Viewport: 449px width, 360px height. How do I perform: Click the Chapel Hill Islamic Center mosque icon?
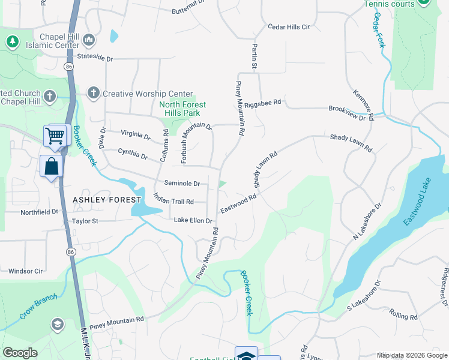tap(89, 40)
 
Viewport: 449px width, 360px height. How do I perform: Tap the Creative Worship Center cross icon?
tap(92, 93)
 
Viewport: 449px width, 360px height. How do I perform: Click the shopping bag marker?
tap(51, 166)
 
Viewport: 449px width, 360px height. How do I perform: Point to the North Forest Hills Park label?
tap(182, 109)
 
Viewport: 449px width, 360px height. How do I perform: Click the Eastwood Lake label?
tap(418, 208)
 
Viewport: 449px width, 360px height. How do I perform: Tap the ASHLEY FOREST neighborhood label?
tap(107, 199)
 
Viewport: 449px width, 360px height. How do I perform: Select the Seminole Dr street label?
tap(182, 184)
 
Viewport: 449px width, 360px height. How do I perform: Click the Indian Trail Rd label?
tap(173, 198)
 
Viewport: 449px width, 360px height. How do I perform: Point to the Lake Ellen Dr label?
tap(193, 221)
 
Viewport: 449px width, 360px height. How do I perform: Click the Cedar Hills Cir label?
tap(288, 27)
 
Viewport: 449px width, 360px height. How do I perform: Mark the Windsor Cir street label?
tap(25, 271)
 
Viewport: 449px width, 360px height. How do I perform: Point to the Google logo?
tap(20, 353)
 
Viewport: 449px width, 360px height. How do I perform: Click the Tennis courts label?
tap(389, 4)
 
